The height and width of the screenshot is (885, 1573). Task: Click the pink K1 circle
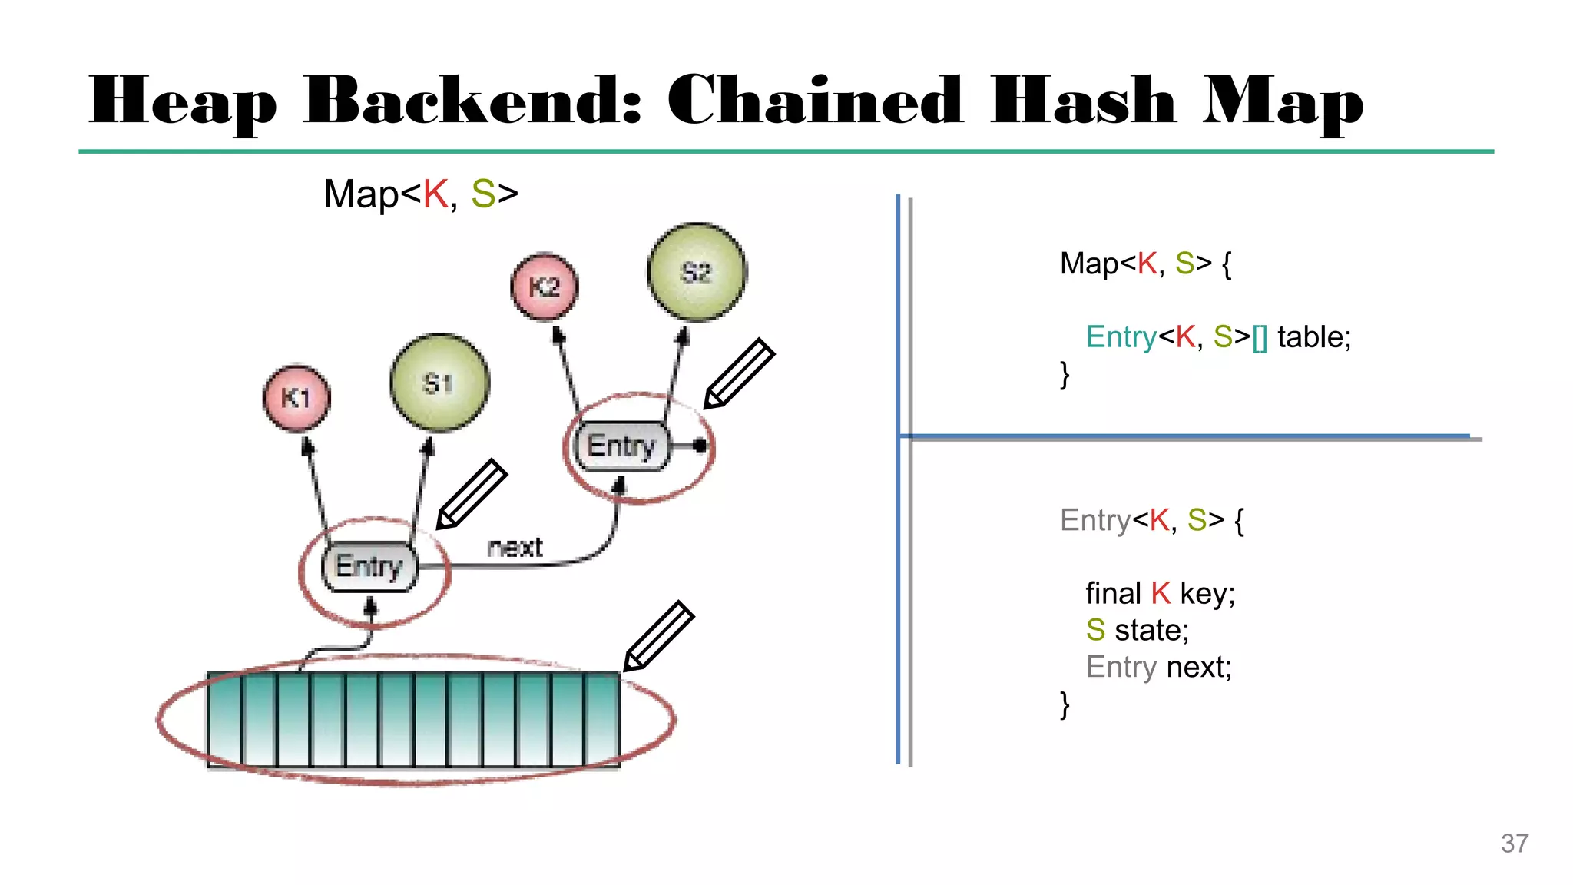coord(296,398)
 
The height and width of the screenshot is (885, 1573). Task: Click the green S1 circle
coord(439,383)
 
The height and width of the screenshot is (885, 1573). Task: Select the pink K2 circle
coord(545,287)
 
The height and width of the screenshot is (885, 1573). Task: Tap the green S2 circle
coord(697,272)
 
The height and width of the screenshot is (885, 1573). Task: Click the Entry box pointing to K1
coord(369,567)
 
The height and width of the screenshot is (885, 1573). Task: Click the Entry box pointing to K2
coord(621,446)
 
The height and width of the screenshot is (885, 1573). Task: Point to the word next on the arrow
coord(515,547)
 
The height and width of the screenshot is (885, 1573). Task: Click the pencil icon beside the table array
coord(658,636)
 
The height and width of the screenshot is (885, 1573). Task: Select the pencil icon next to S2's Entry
coord(739,373)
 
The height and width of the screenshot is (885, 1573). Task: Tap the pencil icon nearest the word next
coord(472,494)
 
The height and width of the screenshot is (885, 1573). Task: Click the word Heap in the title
coord(182,102)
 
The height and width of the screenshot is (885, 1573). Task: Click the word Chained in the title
coord(814,101)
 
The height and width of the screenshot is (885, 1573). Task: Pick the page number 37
coord(1514,844)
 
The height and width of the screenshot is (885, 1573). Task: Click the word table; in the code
coord(1313,337)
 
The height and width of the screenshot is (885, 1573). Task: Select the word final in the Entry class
coord(1112,594)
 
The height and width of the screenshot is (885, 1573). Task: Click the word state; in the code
coord(1151,631)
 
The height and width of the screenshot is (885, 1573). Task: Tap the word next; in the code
coord(1199,667)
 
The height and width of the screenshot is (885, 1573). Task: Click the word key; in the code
coord(1207,594)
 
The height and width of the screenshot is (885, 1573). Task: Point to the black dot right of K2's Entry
coord(699,446)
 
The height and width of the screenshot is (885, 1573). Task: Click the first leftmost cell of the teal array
coord(224,719)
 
